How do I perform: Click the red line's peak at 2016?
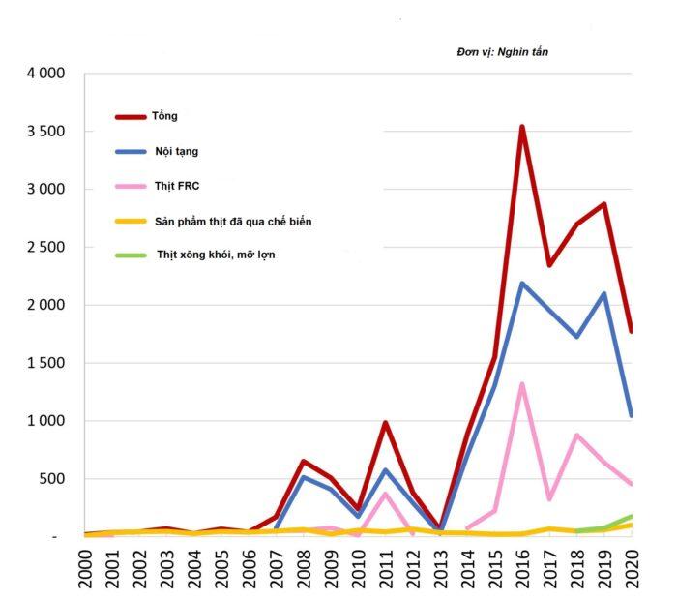coord(521,127)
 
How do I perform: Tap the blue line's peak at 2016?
coord(521,284)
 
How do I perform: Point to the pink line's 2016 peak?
coord(521,385)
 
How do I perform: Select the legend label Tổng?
coord(164,116)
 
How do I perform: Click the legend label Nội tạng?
coord(176,151)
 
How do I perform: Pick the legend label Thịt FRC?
coord(176,186)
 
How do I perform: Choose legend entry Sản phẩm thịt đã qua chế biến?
coord(232,222)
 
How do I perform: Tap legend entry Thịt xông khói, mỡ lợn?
coord(216,255)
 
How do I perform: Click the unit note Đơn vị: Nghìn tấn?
coord(502,51)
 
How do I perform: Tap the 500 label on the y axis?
coord(52,479)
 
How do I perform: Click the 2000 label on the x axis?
coord(86,570)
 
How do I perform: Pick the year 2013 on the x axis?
coord(440,570)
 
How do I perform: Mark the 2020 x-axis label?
coord(631,570)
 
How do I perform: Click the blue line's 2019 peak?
coord(603,294)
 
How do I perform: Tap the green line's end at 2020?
coord(630,517)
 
